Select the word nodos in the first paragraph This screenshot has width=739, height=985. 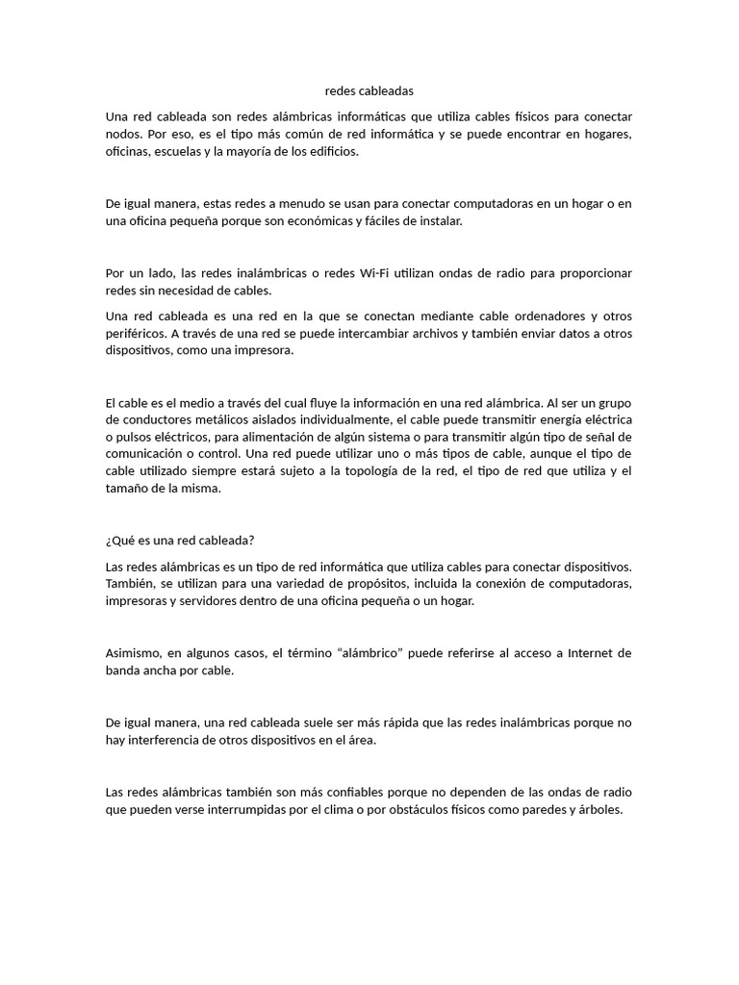pos(124,135)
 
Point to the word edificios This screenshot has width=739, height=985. pos(328,152)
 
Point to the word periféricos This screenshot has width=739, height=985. pos(138,334)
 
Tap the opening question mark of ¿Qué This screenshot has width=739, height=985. pos(108,540)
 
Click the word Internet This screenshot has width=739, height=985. pos(591,653)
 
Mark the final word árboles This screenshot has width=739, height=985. pos(599,809)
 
